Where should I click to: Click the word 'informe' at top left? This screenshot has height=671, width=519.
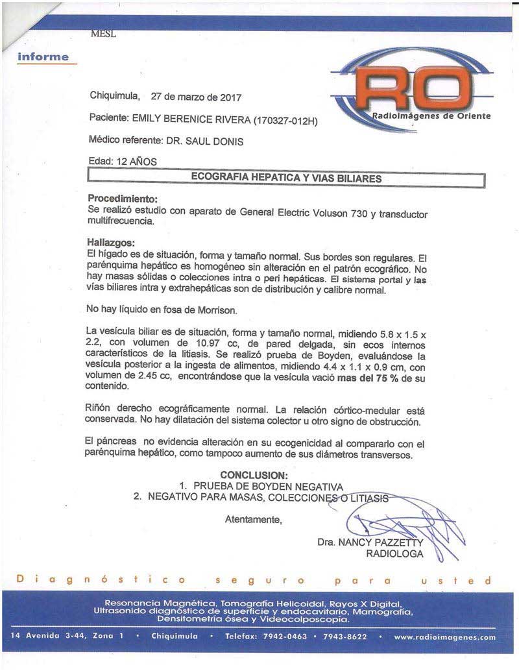(x=43, y=56)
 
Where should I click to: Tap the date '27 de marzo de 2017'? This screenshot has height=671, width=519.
(x=196, y=97)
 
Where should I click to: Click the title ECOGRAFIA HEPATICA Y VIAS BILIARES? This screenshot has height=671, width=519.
(x=286, y=177)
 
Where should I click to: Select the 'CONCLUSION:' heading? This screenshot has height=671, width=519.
(x=253, y=475)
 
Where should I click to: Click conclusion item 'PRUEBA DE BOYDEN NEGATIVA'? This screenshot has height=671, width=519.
(x=267, y=487)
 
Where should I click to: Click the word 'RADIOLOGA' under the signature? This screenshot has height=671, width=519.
(x=394, y=554)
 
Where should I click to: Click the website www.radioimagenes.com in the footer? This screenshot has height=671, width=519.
(x=444, y=637)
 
